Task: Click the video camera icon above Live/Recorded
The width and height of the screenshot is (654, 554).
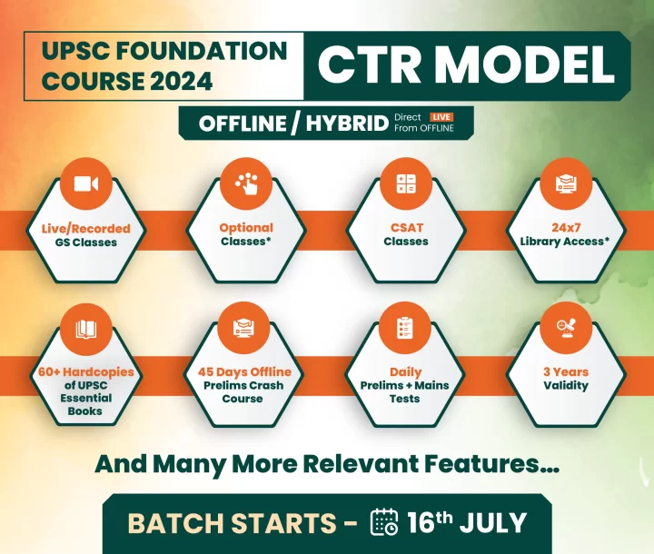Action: [86, 184]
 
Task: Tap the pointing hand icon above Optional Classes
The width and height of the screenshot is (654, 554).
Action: [246, 183]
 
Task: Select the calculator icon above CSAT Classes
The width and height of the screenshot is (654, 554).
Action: [406, 183]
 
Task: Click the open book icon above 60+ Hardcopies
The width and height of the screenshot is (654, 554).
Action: [86, 329]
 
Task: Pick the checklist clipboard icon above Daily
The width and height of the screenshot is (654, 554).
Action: [405, 328]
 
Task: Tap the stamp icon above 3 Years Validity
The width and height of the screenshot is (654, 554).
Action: [565, 328]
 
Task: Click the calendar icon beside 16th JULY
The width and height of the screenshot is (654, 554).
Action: [384, 521]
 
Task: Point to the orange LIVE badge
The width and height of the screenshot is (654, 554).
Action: [441, 117]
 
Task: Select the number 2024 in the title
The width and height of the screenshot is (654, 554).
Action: [181, 81]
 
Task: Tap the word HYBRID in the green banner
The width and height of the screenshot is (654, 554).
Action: [347, 124]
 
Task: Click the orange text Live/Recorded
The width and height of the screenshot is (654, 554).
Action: [86, 229]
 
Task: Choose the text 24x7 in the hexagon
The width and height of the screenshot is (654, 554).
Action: [566, 228]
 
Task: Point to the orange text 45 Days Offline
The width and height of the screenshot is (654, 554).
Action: [244, 371]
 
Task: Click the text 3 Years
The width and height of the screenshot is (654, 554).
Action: [566, 371]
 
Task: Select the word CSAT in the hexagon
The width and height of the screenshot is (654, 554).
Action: [407, 228]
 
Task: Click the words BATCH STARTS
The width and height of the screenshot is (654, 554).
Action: [232, 523]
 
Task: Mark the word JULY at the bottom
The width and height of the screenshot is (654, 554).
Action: [493, 522]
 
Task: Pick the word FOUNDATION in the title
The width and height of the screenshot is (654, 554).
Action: [202, 51]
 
